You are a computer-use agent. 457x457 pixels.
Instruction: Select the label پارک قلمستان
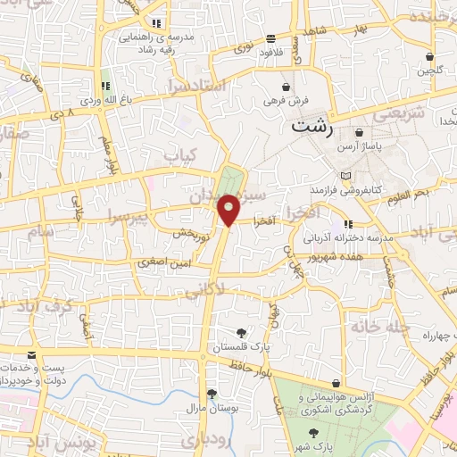pos(239,347)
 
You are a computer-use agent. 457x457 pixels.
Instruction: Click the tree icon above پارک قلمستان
pos(240,333)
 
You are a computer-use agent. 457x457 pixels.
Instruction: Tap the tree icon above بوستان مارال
pos(212,393)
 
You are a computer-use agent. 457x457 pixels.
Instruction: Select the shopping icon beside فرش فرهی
pos(285,87)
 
